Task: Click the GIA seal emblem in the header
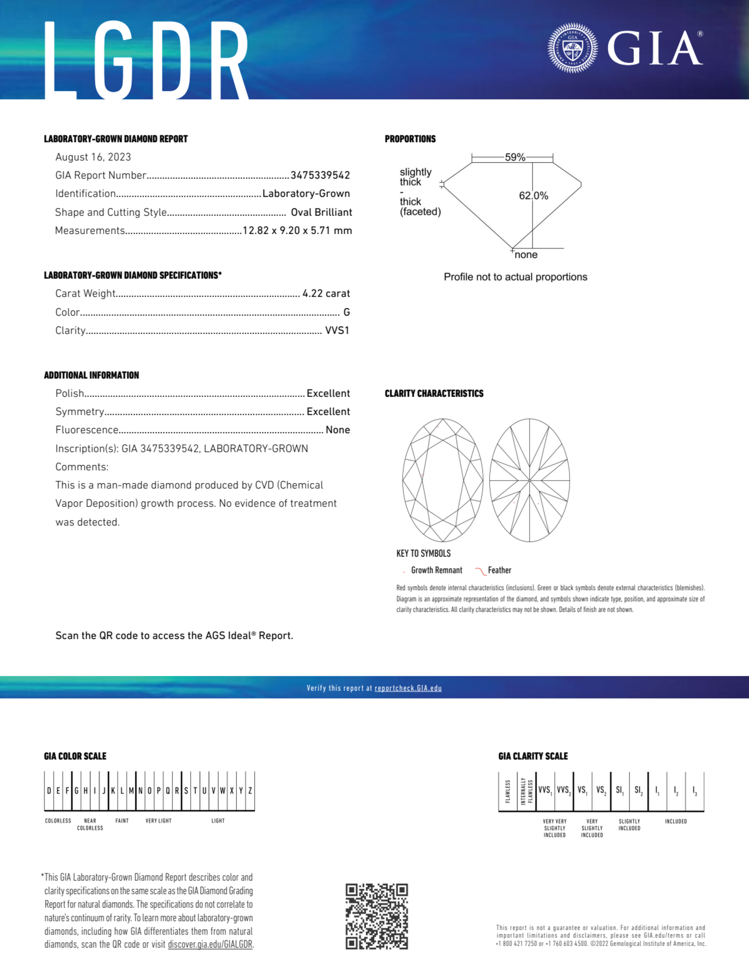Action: (x=572, y=48)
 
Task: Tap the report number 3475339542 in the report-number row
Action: (x=320, y=175)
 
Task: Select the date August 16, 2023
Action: (x=93, y=157)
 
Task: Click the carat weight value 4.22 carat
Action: (x=326, y=294)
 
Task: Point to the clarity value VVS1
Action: (x=337, y=330)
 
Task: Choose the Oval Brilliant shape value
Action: (x=321, y=212)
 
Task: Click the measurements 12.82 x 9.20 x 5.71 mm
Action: (x=297, y=230)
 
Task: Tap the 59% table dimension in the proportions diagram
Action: (x=515, y=157)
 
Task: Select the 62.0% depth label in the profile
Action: (x=534, y=196)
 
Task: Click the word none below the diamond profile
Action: (x=526, y=255)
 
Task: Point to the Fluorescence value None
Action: (x=337, y=430)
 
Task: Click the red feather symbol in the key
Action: (x=480, y=571)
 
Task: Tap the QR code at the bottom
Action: (x=377, y=916)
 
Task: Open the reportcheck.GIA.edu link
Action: (x=408, y=688)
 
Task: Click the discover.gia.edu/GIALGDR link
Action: (x=210, y=945)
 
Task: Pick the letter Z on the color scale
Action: (x=250, y=791)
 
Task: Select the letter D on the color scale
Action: (x=49, y=791)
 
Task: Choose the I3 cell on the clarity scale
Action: (x=694, y=791)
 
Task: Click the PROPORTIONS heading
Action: (x=410, y=139)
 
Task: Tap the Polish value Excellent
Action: (x=328, y=394)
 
